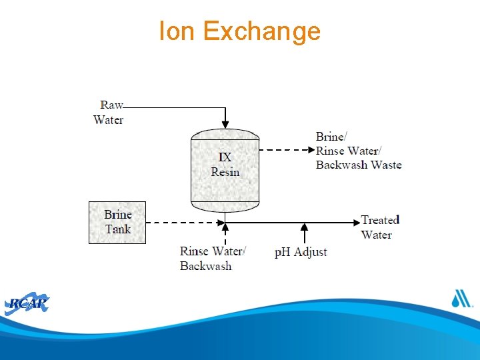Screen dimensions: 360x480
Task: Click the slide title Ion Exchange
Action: (x=239, y=31)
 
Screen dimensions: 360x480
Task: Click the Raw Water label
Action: (x=109, y=112)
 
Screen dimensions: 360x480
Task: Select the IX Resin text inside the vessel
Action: (x=225, y=165)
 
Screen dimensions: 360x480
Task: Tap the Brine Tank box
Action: (x=117, y=222)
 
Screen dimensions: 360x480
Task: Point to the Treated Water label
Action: (x=380, y=227)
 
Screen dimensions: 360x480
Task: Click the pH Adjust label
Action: (x=301, y=252)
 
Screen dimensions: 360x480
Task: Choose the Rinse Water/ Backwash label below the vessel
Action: (x=213, y=259)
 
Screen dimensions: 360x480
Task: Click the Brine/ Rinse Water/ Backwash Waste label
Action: (x=359, y=151)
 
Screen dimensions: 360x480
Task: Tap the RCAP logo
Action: (x=27, y=304)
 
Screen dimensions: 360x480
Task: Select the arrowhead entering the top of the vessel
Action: (x=225, y=123)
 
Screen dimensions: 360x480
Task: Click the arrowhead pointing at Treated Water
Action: (x=355, y=221)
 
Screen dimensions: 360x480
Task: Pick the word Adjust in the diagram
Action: (x=311, y=252)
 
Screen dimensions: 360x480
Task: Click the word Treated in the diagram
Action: (x=380, y=220)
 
